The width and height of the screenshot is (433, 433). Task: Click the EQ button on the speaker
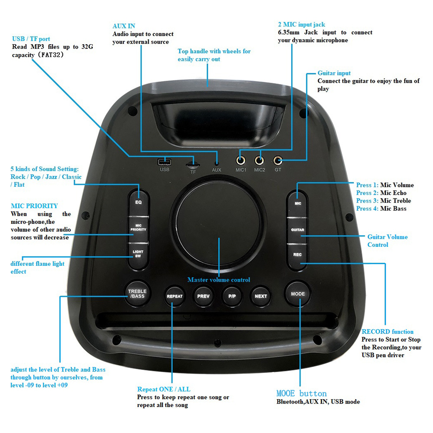click(x=138, y=201)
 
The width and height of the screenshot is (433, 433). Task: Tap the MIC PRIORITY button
click(x=138, y=226)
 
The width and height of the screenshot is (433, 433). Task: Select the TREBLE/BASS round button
click(x=137, y=294)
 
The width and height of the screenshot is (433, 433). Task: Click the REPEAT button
click(x=174, y=296)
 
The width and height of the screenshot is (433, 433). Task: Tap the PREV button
click(x=204, y=296)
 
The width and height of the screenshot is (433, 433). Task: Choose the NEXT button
click(x=261, y=296)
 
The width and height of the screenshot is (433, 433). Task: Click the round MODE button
click(x=298, y=294)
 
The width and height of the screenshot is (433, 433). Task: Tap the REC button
click(x=297, y=255)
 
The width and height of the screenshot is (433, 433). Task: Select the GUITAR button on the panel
click(x=297, y=229)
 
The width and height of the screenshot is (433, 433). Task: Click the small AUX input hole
click(x=216, y=163)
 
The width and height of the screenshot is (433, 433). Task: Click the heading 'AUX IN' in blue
click(x=124, y=26)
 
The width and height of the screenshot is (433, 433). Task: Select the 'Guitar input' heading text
click(x=334, y=73)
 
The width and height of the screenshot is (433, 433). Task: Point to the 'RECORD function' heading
click(x=388, y=332)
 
